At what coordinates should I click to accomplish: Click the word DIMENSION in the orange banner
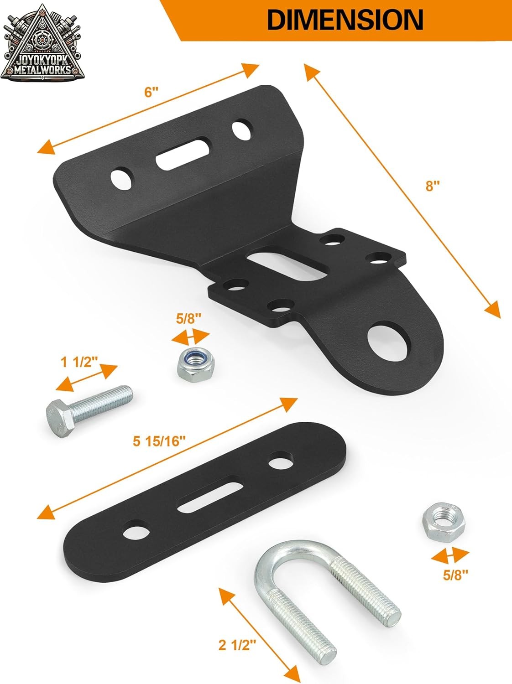pyautogui.click(x=345, y=20)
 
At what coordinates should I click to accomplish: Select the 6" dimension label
pyautogui.click(x=151, y=92)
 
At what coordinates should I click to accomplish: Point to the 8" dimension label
pyautogui.click(x=433, y=187)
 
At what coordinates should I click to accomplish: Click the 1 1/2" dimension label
pyautogui.click(x=79, y=363)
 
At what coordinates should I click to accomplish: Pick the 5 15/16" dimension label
pyautogui.click(x=159, y=441)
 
